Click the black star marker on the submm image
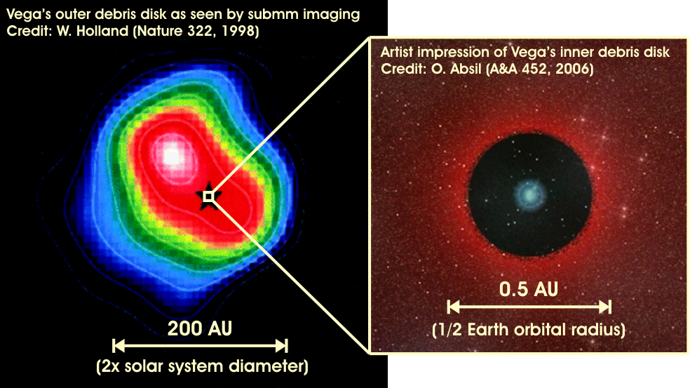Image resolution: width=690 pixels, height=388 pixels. [208, 196]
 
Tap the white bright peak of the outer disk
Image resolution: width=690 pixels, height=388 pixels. [171, 156]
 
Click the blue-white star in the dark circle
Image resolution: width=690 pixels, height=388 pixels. [530, 194]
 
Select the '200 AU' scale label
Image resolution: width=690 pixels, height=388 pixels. [200, 328]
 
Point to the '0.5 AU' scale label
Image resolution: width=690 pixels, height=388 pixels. [529, 289]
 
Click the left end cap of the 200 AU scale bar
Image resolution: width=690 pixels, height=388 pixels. [114, 346]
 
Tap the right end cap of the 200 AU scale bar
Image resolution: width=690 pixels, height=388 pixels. [286, 346]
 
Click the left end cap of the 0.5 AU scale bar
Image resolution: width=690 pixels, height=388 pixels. [448, 307]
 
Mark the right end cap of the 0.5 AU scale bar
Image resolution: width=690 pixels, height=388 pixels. [609, 307]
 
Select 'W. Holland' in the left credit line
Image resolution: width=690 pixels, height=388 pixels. [93, 32]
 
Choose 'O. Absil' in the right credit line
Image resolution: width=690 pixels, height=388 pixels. [456, 69]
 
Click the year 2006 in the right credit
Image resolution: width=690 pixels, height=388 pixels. [573, 69]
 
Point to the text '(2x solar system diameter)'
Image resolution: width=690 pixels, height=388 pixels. [202, 366]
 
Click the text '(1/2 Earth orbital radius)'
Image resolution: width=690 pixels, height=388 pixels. [529, 330]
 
